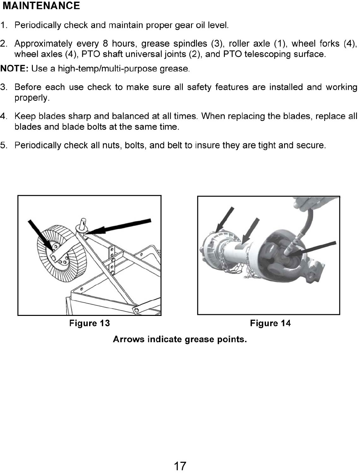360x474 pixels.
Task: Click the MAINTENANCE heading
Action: pos(41,6)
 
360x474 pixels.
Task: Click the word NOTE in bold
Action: pos(14,69)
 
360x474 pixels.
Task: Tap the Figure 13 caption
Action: pos(89,323)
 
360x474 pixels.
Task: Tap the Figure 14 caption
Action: pos(270,323)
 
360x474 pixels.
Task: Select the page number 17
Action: pos(180,466)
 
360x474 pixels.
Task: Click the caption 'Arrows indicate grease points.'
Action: pos(180,339)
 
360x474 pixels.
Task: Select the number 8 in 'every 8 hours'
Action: pos(105,44)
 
